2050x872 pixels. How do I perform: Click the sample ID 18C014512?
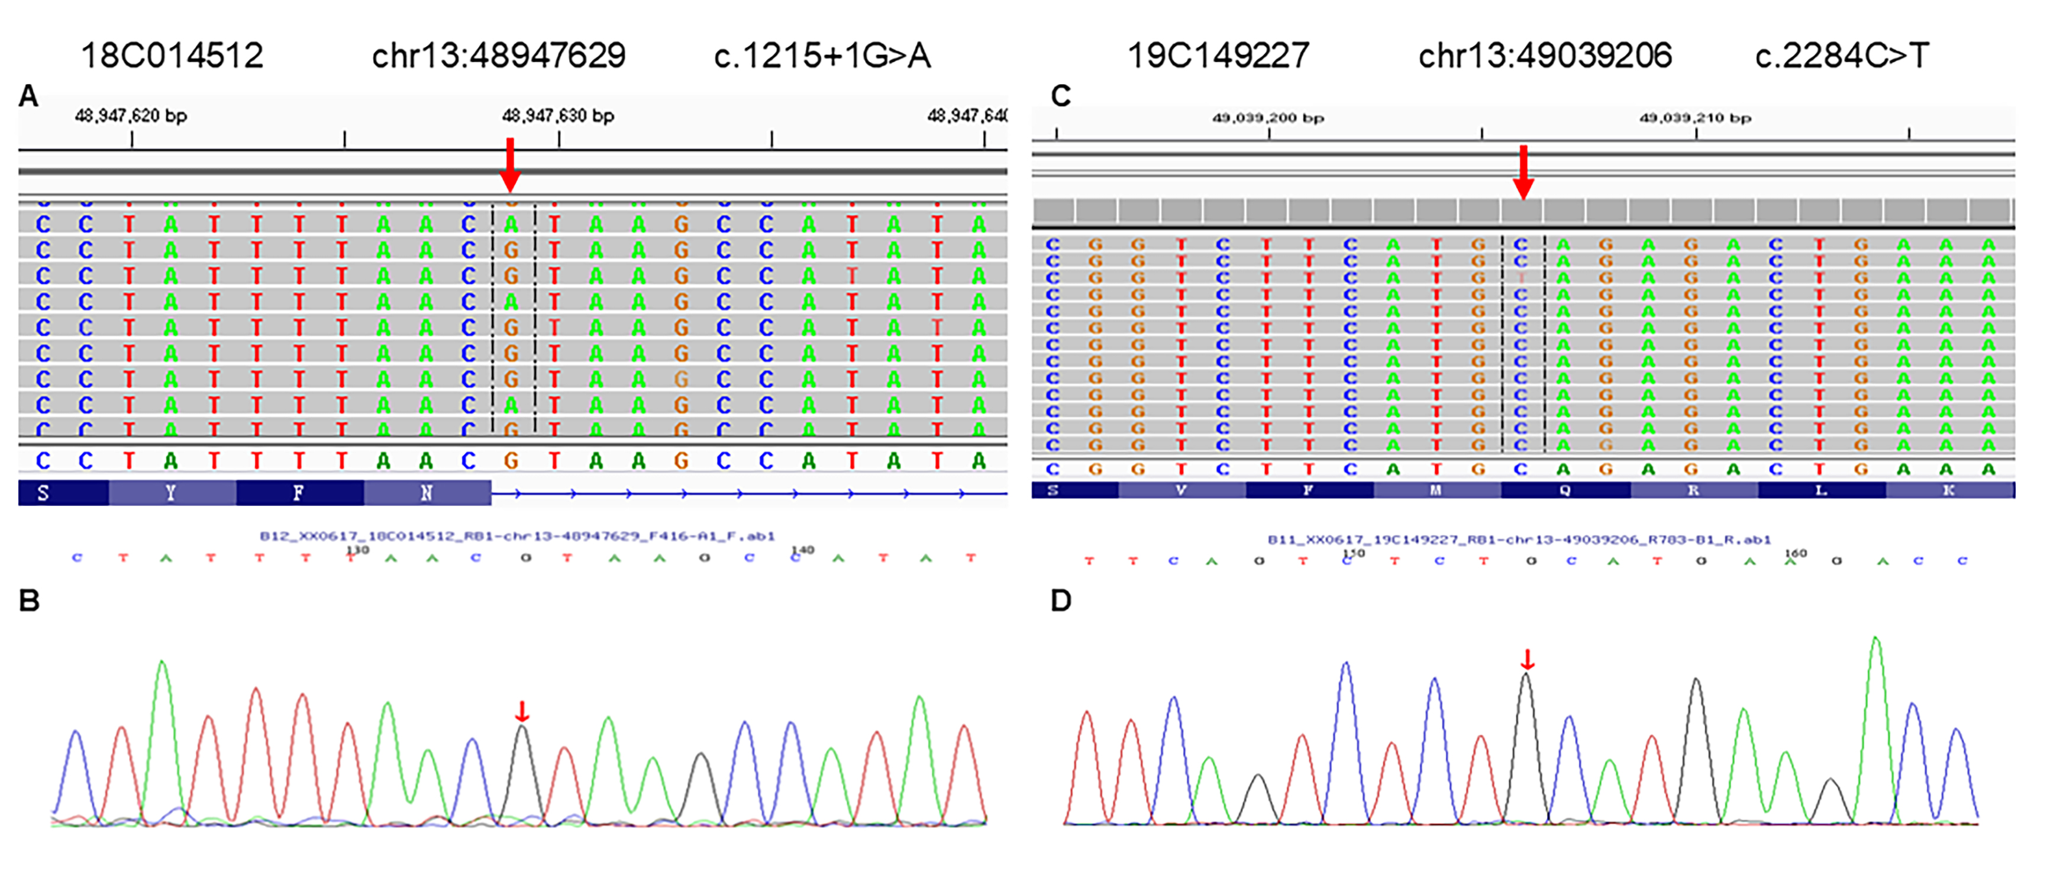coord(172,56)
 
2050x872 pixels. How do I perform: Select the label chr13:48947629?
coord(499,56)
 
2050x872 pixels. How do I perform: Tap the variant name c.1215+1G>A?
coord(822,56)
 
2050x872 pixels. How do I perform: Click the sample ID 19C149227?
coord(1218,56)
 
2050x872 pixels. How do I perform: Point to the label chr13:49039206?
coord(1545,56)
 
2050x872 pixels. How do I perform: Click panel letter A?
coord(28,96)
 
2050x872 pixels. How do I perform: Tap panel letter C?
coord(1060,96)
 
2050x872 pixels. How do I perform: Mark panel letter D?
coord(1060,600)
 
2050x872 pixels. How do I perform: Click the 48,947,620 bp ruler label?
coord(131,116)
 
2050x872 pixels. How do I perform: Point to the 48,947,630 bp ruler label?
coord(558,116)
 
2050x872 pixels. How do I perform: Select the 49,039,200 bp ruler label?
coord(1268,118)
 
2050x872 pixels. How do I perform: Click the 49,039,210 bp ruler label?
coord(1695,118)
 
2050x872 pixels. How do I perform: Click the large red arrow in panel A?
coord(510,164)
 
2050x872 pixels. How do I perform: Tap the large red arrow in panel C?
coord(1523,172)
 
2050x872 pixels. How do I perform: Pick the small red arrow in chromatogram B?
coord(521,710)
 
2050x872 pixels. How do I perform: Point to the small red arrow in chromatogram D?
coord(1527,660)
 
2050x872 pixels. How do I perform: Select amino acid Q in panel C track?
coord(1565,490)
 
